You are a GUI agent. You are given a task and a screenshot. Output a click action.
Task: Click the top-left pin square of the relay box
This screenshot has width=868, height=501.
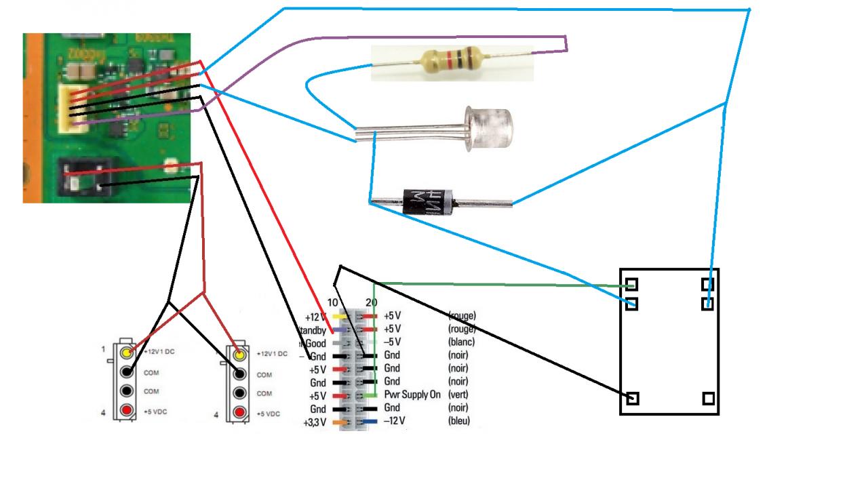(x=632, y=284)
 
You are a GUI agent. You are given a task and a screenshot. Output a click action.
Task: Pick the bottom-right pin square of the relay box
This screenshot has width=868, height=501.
(x=709, y=399)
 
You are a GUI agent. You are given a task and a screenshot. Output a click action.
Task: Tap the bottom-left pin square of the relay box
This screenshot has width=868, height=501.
(x=632, y=399)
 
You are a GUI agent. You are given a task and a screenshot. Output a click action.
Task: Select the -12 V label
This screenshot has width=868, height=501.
(x=394, y=421)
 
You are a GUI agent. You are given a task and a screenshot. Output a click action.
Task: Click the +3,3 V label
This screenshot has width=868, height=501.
(x=315, y=422)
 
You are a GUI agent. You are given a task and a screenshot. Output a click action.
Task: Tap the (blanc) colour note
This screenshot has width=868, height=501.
(x=462, y=342)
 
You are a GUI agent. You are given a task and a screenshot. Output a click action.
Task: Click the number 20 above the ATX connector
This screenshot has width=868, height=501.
(x=372, y=302)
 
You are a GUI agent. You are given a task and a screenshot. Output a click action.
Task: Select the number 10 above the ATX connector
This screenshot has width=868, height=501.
(x=332, y=302)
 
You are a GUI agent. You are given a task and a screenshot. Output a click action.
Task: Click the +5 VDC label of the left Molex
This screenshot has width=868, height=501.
(x=156, y=412)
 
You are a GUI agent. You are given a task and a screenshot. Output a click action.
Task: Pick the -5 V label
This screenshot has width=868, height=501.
(x=393, y=342)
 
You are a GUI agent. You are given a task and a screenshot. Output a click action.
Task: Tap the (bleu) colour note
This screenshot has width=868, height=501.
(x=461, y=421)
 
